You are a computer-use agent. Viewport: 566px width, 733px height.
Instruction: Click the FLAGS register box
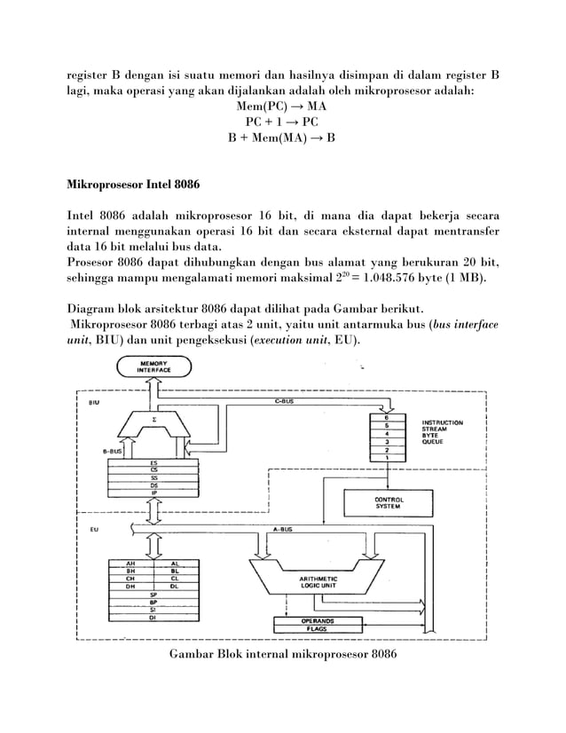click(316, 627)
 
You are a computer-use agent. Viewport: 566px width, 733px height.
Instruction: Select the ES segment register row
click(154, 461)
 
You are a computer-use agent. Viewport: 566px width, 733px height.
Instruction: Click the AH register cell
click(131, 564)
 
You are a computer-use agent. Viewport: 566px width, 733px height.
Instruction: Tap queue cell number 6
click(385, 416)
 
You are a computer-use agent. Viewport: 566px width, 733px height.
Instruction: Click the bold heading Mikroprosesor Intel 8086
click(134, 187)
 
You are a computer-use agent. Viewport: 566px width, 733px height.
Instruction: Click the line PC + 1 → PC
click(279, 122)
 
